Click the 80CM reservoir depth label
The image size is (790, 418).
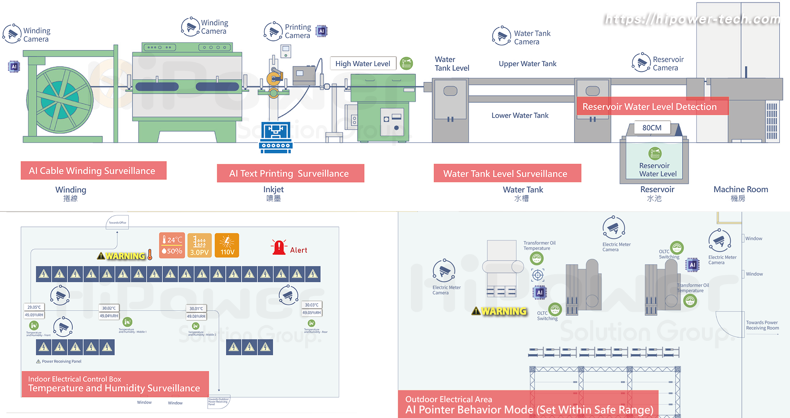652,128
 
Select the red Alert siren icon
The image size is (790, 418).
279,248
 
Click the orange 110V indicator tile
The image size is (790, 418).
227,245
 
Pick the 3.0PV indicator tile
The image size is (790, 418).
199,245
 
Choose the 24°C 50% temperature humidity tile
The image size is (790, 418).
172,245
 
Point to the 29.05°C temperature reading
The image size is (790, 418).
34,307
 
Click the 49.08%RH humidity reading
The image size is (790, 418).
196,316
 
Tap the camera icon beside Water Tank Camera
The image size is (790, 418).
501,36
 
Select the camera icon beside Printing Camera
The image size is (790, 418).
273,31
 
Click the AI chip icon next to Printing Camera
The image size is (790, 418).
322,31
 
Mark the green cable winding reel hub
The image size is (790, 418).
60,100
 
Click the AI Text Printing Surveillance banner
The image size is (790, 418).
290,173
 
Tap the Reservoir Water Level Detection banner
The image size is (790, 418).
650,106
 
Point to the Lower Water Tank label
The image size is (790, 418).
520,116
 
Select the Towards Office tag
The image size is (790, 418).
117,222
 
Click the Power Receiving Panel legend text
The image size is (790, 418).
61,362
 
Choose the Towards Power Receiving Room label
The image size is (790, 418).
762,325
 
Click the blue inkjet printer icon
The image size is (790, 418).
276,137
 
